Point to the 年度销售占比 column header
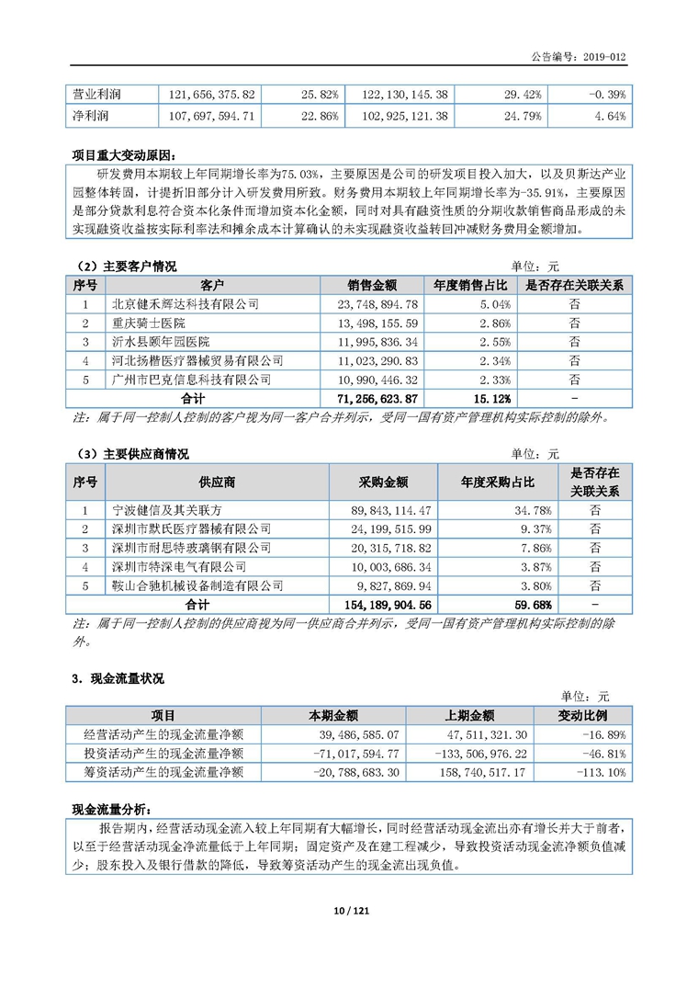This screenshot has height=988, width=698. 468,285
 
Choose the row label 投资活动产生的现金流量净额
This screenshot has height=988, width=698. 163,754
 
